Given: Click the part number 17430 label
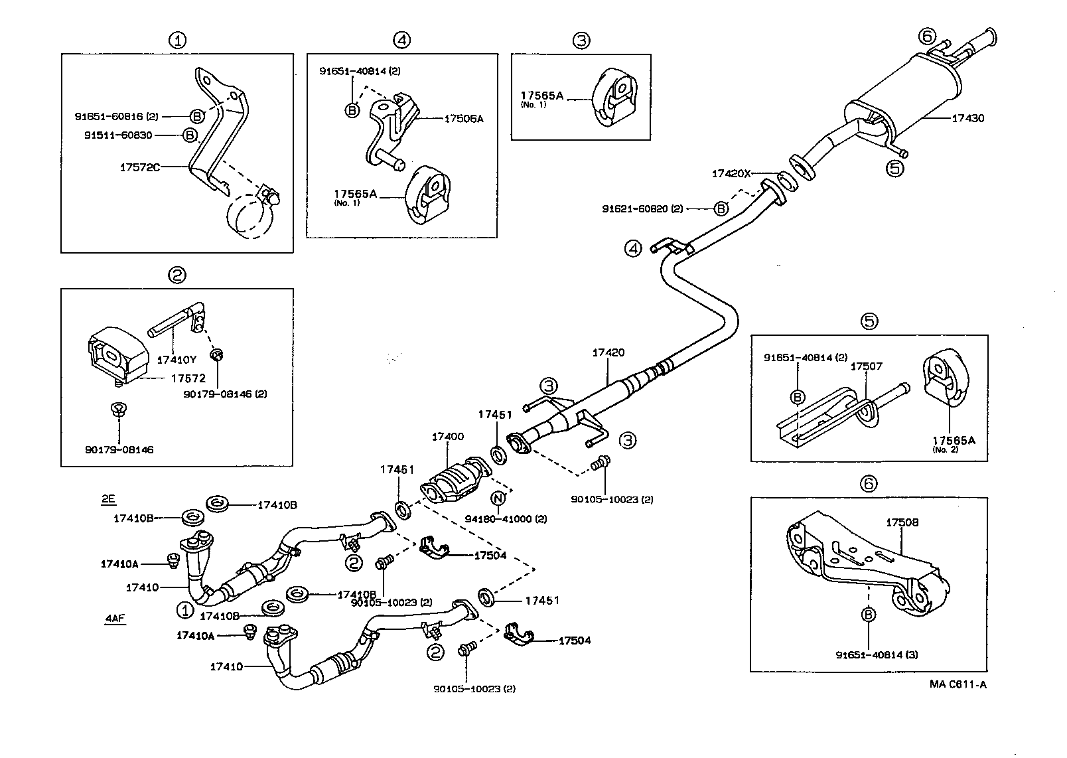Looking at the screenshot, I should (x=968, y=118).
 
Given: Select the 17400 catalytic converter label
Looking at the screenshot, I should (x=448, y=437).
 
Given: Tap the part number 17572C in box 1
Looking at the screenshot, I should (x=140, y=167).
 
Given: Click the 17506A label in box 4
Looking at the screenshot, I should (x=464, y=119).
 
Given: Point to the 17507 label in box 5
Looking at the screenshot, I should (x=867, y=366).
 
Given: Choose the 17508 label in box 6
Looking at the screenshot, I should (x=902, y=522).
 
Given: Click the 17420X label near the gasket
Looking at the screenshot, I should (x=731, y=173).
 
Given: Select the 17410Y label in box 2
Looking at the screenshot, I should (x=177, y=360).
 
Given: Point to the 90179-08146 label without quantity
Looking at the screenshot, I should (x=119, y=449).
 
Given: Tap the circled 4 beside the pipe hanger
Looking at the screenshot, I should (x=634, y=248).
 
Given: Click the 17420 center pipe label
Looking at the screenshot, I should (x=608, y=352).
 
